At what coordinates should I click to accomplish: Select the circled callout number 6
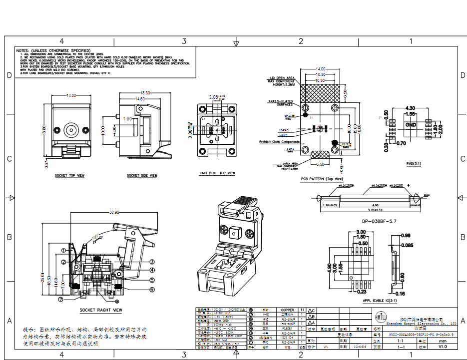point(151,289)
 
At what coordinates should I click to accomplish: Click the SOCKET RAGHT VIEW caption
point(100,310)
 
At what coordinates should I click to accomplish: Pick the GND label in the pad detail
point(411,124)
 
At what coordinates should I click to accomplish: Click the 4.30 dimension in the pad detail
point(410,108)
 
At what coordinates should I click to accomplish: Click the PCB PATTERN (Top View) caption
point(322,178)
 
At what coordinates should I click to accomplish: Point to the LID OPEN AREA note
point(282,78)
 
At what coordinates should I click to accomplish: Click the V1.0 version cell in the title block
point(443,346)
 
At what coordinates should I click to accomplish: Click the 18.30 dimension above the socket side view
point(145,93)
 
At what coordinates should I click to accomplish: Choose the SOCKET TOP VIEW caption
point(69,176)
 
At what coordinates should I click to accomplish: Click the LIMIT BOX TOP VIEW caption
point(217,173)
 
